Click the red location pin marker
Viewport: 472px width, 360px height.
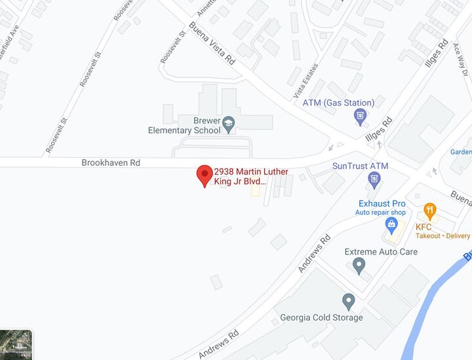pos(205,175)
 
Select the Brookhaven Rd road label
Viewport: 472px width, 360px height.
pos(111,162)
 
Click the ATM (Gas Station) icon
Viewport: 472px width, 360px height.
pos(360,117)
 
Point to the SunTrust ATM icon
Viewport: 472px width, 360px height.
pos(373,179)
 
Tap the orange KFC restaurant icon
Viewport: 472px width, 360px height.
pos(429,211)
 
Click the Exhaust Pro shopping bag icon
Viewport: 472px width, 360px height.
pos(392,226)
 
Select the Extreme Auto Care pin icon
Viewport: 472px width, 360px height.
pos(359,266)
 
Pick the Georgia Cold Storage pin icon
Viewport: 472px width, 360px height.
pos(349,302)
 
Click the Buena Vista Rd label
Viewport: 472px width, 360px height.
pos(212,44)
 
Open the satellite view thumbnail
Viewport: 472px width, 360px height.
pos(16,344)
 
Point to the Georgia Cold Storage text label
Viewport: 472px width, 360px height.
pos(321,318)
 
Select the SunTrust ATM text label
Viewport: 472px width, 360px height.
pos(361,166)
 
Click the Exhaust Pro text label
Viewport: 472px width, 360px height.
pos(382,204)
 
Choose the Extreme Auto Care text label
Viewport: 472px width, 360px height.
pos(381,252)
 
